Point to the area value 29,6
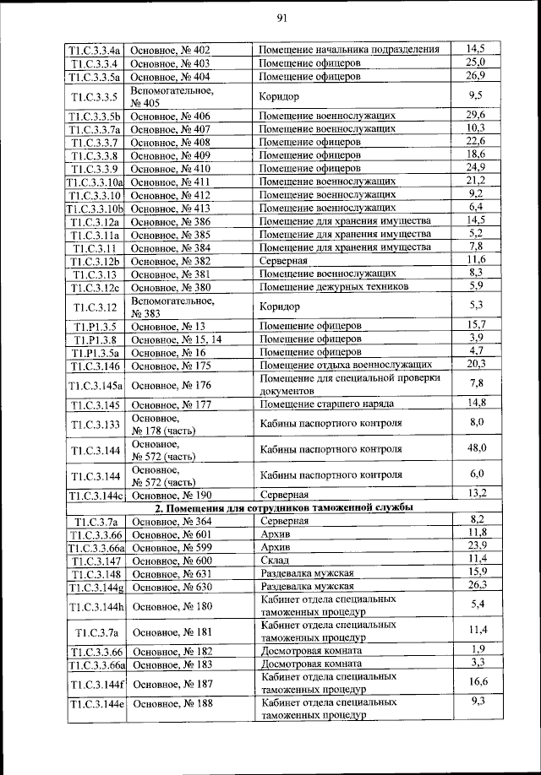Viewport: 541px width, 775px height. (476, 115)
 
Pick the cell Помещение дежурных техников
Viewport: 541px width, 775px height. (333, 287)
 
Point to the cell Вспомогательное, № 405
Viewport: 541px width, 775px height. (172, 95)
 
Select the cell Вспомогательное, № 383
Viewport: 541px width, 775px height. (172, 306)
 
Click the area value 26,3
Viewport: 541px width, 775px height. (477, 584)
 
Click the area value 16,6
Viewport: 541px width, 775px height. (477, 681)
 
